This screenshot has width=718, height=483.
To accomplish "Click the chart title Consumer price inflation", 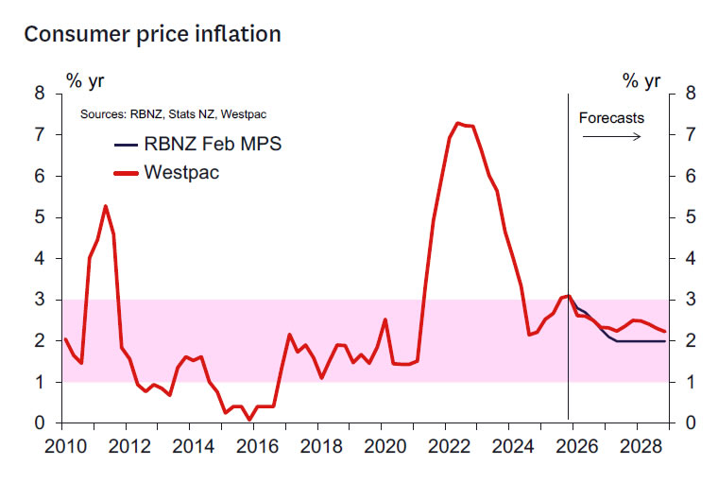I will [x=152, y=34].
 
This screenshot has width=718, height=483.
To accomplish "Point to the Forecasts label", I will [x=611, y=118].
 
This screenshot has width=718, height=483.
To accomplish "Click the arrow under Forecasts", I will [x=611, y=136].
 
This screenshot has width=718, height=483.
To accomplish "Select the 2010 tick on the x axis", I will [x=63, y=445].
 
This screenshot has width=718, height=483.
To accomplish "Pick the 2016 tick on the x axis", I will [x=255, y=445].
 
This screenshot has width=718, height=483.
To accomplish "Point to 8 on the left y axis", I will [x=40, y=94].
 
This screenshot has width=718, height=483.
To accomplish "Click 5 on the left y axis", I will [x=40, y=217].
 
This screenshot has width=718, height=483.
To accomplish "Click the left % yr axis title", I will [x=84, y=80].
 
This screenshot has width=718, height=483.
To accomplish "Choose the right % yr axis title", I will [x=641, y=80].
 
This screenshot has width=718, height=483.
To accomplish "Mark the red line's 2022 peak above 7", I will [x=458, y=123].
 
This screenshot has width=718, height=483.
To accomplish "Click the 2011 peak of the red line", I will [x=105, y=206].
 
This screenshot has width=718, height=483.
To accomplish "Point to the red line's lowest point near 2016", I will [x=249, y=419].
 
